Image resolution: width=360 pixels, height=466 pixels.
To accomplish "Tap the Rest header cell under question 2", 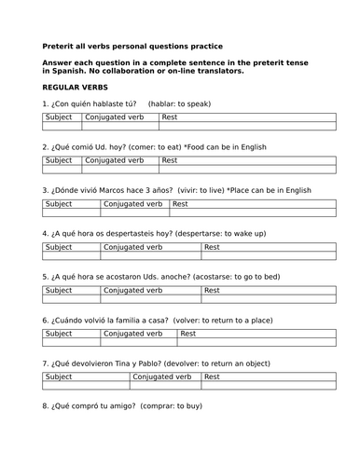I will click(170, 160).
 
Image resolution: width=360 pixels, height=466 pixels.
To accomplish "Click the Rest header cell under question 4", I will click(213, 247).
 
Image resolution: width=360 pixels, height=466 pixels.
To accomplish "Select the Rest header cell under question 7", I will click(213, 377).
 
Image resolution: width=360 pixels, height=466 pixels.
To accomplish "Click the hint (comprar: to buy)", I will click(170, 405).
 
